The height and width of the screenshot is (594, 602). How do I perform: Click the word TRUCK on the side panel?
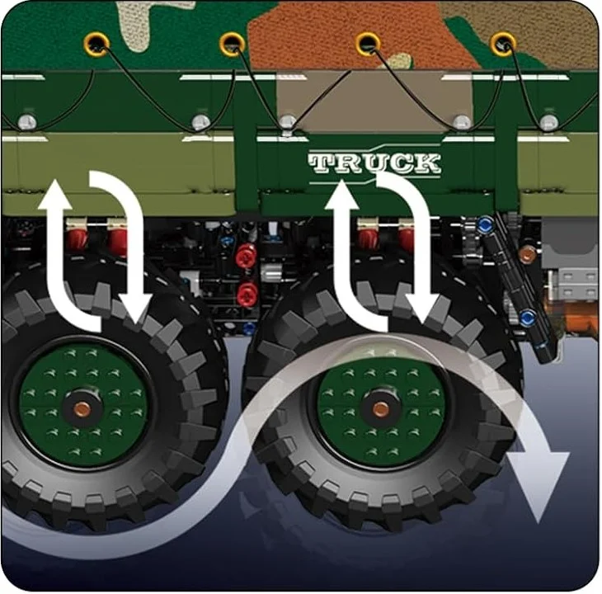[374, 163]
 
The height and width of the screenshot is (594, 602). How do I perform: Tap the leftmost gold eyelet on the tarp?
[96, 45]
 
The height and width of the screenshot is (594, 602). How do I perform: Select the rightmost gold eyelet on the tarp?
[502, 44]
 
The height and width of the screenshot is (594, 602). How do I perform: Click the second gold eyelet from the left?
[232, 44]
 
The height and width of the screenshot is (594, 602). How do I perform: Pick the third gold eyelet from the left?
[368, 44]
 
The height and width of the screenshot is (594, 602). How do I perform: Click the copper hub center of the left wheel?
[82, 409]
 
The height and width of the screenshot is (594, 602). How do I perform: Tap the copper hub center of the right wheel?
[380, 409]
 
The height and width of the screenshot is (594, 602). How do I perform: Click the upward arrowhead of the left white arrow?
[56, 195]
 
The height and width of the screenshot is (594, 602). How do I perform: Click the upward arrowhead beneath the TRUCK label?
[341, 195]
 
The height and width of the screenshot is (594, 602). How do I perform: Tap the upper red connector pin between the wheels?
[246, 257]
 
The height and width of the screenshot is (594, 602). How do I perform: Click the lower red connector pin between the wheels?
[247, 295]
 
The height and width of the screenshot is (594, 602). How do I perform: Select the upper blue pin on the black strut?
[485, 223]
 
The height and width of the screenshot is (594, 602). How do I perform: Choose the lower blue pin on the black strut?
[528, 318]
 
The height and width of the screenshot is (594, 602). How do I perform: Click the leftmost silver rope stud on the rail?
[27, 122]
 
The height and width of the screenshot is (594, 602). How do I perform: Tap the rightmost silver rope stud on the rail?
[548, 123]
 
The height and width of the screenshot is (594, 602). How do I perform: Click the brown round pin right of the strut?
[527, 254]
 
